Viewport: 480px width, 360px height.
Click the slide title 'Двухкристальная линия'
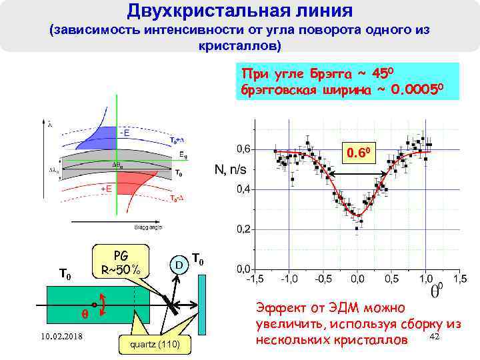[240, 11]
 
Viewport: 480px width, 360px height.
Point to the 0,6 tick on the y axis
[241, 148]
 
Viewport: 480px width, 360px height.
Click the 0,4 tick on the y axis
[241, 189]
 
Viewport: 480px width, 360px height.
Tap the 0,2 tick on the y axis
[241, 229]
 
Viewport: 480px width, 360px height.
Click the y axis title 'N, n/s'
[230, 169]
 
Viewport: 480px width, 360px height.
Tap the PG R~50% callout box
[121, 263]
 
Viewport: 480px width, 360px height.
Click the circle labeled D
[179, 265]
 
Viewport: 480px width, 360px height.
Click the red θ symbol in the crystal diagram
[83, 313]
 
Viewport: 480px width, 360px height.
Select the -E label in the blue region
[124, 133]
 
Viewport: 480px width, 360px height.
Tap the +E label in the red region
[105, 189]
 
